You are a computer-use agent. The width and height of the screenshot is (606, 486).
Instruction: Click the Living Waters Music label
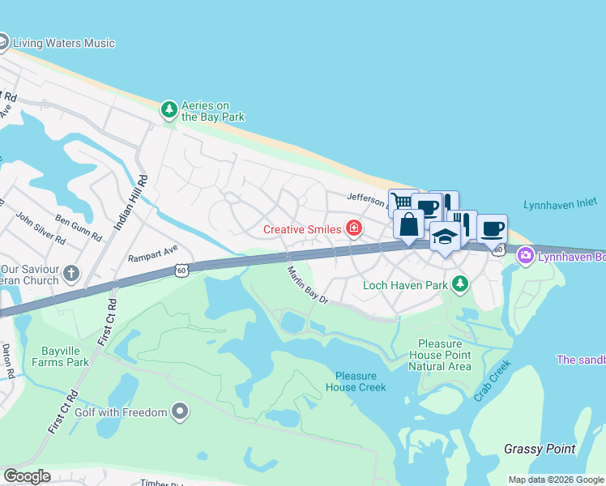(64, 43)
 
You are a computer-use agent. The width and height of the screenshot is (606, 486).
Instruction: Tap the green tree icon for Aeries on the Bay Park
(169, 109)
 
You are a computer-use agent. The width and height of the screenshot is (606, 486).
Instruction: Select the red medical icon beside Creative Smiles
(354, 229)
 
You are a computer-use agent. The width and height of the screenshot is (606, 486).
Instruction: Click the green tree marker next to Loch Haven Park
(460, 283)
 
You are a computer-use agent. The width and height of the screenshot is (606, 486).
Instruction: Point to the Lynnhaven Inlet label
(559, 206)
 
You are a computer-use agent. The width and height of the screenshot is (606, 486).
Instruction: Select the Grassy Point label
(540, 449)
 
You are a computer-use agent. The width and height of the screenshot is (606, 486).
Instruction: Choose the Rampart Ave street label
(152, 254)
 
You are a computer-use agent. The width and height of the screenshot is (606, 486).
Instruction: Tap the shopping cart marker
(403, 202)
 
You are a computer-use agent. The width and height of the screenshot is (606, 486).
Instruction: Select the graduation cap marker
(445, 236)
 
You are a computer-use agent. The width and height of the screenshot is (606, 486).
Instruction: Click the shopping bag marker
(408, 224)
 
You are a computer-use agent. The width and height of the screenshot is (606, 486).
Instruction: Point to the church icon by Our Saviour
(71, 273)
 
